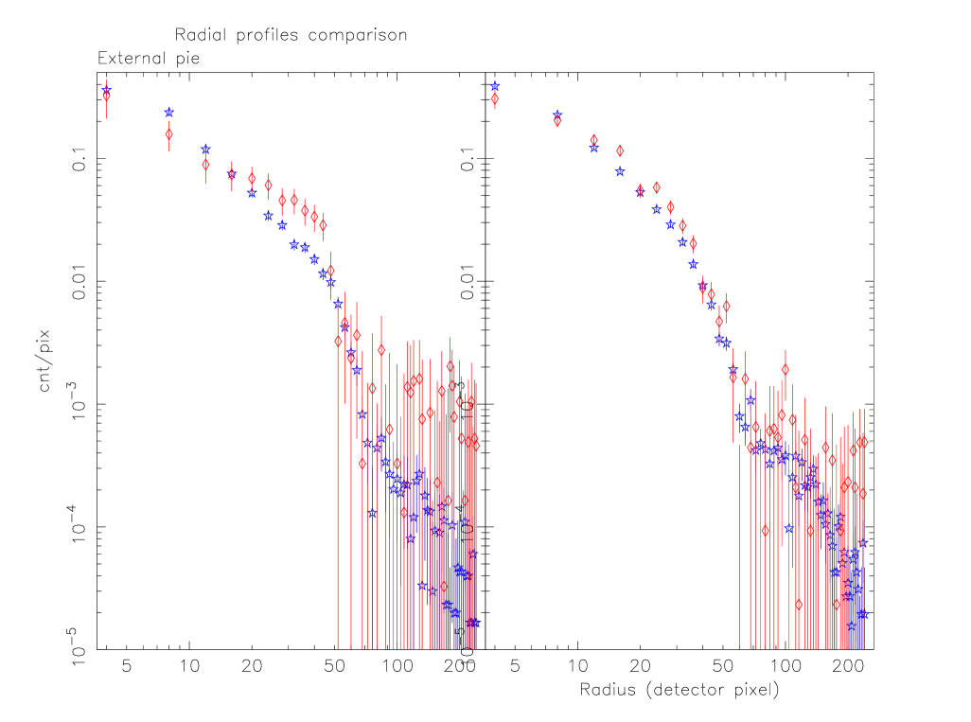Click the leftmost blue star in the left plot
coord(106,91)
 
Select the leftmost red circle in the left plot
coord(106,97)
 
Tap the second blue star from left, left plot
coord(168,112)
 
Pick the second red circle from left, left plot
coord(168,134)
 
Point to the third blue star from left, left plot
coord(205,150)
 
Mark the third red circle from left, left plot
coord(205,165)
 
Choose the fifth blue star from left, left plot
coord(252,193)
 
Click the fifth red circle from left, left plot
coord(252,179)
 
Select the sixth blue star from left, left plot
coord(268,216)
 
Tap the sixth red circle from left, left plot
coord(268,185)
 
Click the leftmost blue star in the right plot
coord(494,86)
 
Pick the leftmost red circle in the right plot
coord(494,98)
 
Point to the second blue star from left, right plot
coord(556,115)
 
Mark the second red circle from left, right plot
coord(556,121)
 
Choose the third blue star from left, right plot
coord(593,148)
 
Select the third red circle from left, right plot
coord(593,140)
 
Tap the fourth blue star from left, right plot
coord(620,172)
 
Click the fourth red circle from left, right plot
coord(620,150)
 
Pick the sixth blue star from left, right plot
coord(656,209)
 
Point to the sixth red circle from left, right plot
coord(656,187)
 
